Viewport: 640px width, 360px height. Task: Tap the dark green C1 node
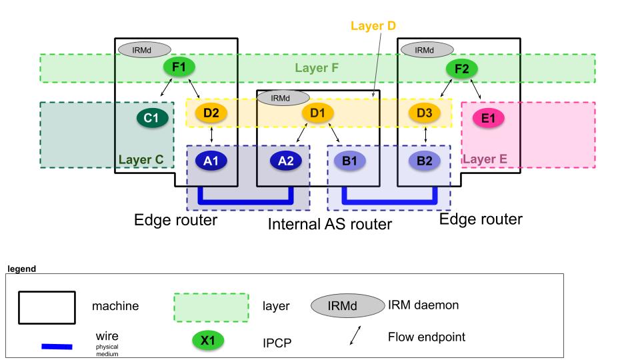tap(152, 118)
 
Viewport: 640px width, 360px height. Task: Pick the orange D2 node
tap(211, 113)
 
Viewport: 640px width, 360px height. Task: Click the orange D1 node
tap(317, 113)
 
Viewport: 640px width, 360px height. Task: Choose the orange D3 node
tap(425, 113)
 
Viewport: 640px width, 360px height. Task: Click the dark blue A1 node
tap(211, 160)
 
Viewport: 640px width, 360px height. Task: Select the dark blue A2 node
tap(286, 160)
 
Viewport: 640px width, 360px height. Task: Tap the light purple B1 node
tap(350, 160)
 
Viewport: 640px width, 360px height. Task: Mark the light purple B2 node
tap(425, 160)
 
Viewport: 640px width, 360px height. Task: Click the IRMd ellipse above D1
tap(280, 98)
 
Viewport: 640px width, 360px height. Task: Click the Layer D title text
tap(373, 27)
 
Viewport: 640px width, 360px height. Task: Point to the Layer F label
tap(317, 68)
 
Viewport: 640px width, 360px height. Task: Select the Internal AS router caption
tap(329, 224)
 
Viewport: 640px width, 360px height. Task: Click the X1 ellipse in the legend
tap(208, 341)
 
